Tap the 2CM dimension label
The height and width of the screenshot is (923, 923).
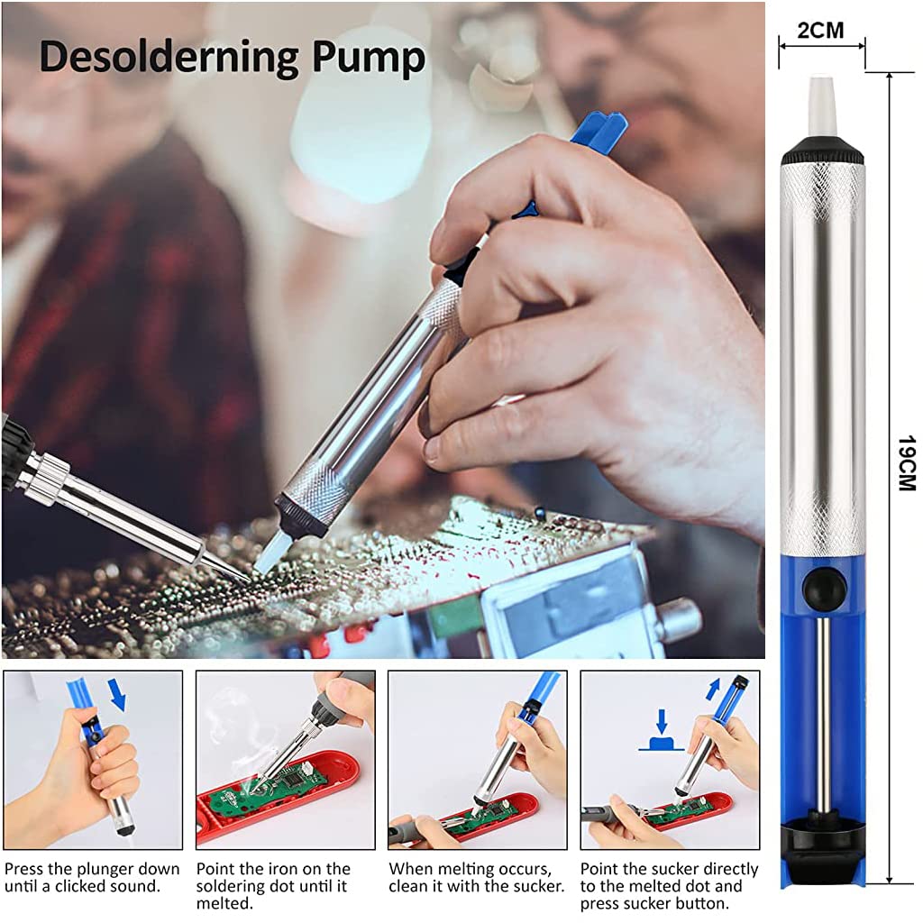click(821, 31)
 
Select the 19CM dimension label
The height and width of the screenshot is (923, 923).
click(905, 463)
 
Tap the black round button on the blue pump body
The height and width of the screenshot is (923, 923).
click(824, 589)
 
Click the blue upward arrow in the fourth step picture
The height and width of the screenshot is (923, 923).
click(714, 690)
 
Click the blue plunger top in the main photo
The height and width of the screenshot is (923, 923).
click(599, 129)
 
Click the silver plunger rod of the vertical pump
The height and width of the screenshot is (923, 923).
click(823, 712)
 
